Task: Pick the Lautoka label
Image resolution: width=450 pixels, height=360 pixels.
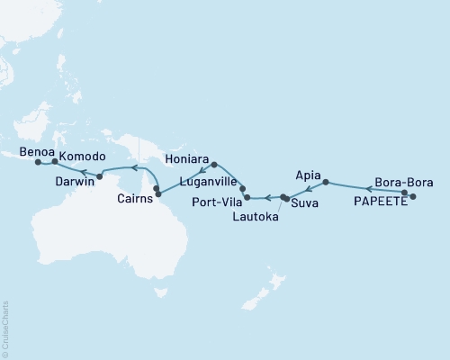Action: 256,217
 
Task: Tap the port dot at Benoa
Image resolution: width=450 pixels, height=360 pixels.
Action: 38,163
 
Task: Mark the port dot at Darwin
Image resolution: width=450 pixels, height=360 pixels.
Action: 99,175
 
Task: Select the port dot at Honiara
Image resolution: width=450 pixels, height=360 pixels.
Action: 213,165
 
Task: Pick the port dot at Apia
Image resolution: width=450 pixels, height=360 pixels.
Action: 325,182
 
